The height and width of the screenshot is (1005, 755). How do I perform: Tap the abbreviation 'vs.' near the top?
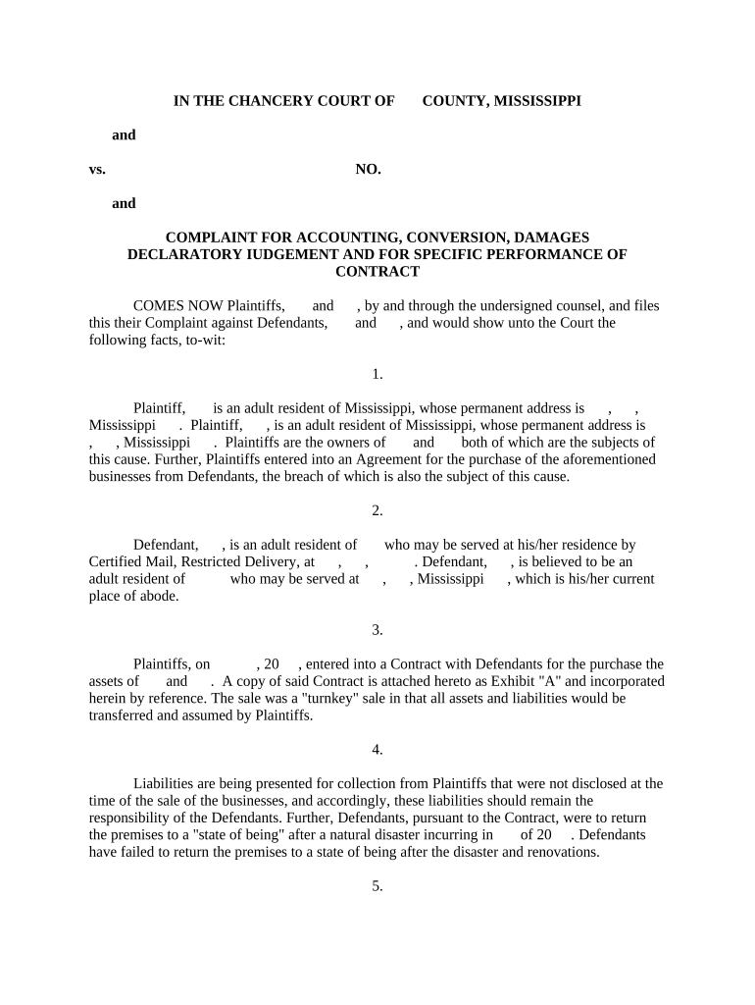tap(97, 169)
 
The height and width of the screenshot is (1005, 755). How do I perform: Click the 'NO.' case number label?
tap(368, 169)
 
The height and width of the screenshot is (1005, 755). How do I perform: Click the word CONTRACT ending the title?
tap(377, 271)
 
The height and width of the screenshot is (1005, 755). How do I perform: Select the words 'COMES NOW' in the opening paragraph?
tap(168, 305)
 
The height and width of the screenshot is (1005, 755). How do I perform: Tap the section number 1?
tap(377, 373)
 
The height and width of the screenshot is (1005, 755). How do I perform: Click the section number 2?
tap(377, 509)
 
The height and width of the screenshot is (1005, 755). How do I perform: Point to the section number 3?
tap(377, 629)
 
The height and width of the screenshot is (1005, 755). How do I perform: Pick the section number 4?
tap(377, 749)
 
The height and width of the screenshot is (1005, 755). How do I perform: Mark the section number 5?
tap(377, 885)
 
